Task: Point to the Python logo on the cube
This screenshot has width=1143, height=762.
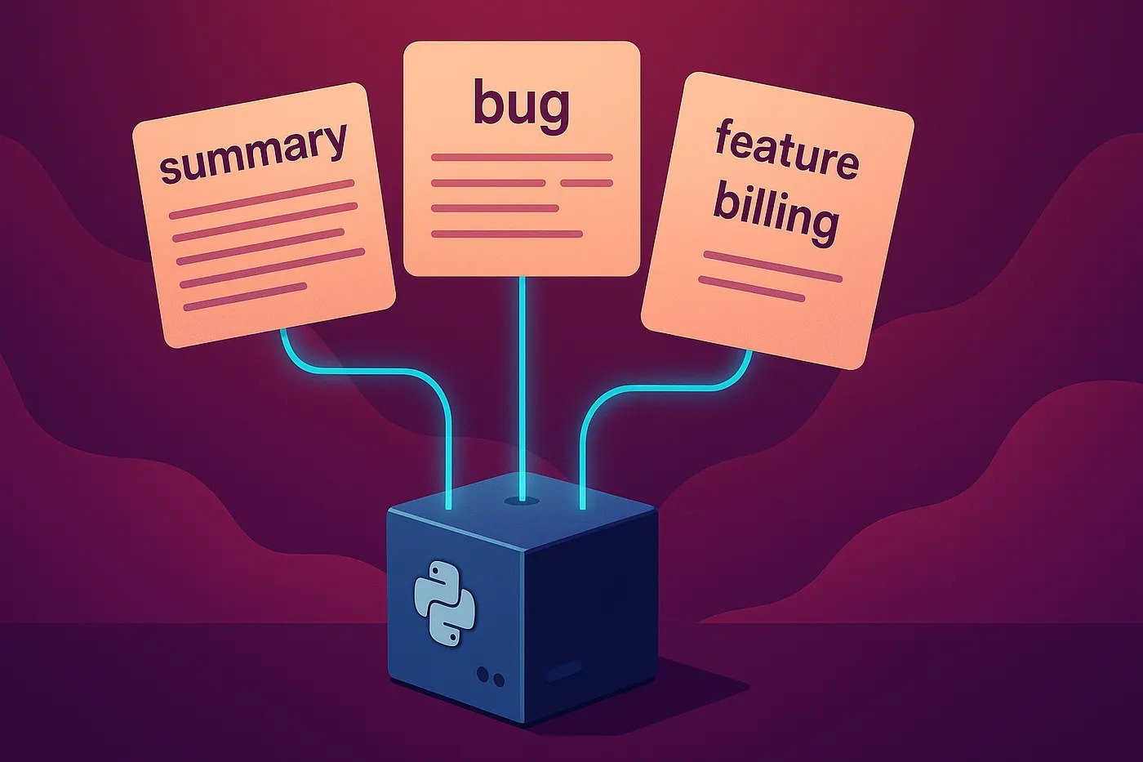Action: point(444,602)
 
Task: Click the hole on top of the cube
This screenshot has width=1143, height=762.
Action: point(523,501)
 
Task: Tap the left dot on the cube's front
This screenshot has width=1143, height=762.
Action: point(483,673)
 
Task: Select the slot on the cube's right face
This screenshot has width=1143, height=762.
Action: point(564,671)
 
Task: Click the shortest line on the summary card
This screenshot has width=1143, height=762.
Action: point(245,296)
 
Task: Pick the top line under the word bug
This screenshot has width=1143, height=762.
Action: point(522,157)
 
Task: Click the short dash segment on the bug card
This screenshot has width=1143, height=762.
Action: point(586,183)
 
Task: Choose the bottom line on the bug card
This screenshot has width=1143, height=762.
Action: point(507,234)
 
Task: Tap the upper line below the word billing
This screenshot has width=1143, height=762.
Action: point(772,266)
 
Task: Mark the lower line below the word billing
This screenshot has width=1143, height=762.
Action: point(751,289)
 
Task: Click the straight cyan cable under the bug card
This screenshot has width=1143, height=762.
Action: point(523,388)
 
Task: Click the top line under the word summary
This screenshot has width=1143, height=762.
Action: point(262,199)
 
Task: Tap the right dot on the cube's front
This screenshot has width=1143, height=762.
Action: point(499,680)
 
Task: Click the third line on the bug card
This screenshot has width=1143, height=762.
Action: point(495,208)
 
